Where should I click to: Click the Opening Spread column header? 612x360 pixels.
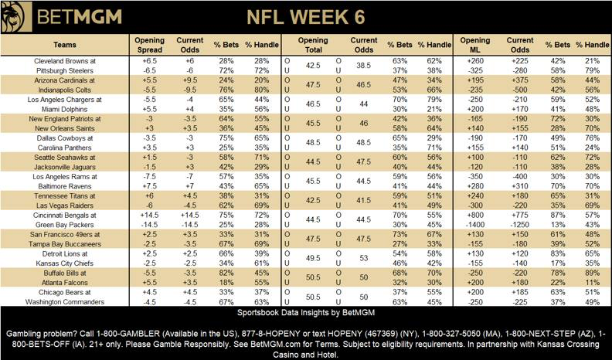click(148, 42)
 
